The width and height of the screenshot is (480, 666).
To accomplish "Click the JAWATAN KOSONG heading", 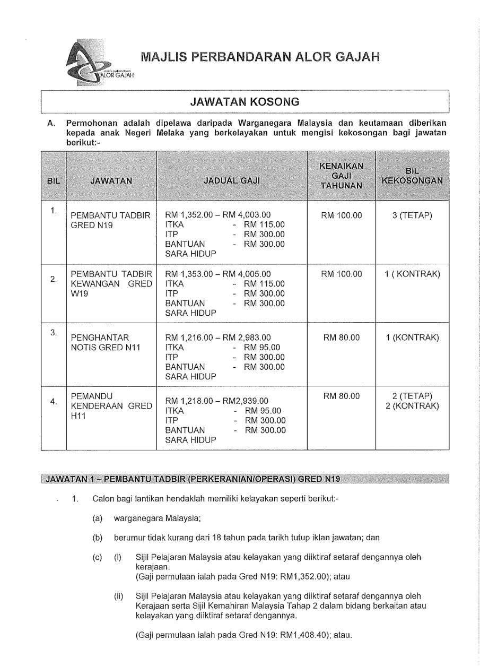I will point(245,101).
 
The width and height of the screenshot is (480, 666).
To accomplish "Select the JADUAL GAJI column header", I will point(232,180).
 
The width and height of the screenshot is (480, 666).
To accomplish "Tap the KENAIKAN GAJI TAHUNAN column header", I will point(342,176).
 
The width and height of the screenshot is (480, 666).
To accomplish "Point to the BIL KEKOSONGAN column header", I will point(412,176).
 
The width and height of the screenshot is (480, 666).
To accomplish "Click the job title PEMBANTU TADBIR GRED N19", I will point(110,220).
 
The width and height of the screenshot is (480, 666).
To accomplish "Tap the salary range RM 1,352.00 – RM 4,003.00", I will point(218,215).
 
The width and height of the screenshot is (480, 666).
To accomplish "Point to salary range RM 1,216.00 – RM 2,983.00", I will point(218,338).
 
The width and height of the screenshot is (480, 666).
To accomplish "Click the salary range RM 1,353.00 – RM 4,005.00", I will point(218,274).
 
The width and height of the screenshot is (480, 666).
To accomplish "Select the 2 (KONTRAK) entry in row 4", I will point(412,406).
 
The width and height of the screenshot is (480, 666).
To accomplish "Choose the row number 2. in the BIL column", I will point(54,279).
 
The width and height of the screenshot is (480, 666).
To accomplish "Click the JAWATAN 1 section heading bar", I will point(245,479).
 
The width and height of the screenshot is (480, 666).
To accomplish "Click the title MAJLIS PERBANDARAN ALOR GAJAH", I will point(260,57).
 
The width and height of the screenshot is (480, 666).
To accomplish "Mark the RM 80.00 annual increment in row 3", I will point(342,338).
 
